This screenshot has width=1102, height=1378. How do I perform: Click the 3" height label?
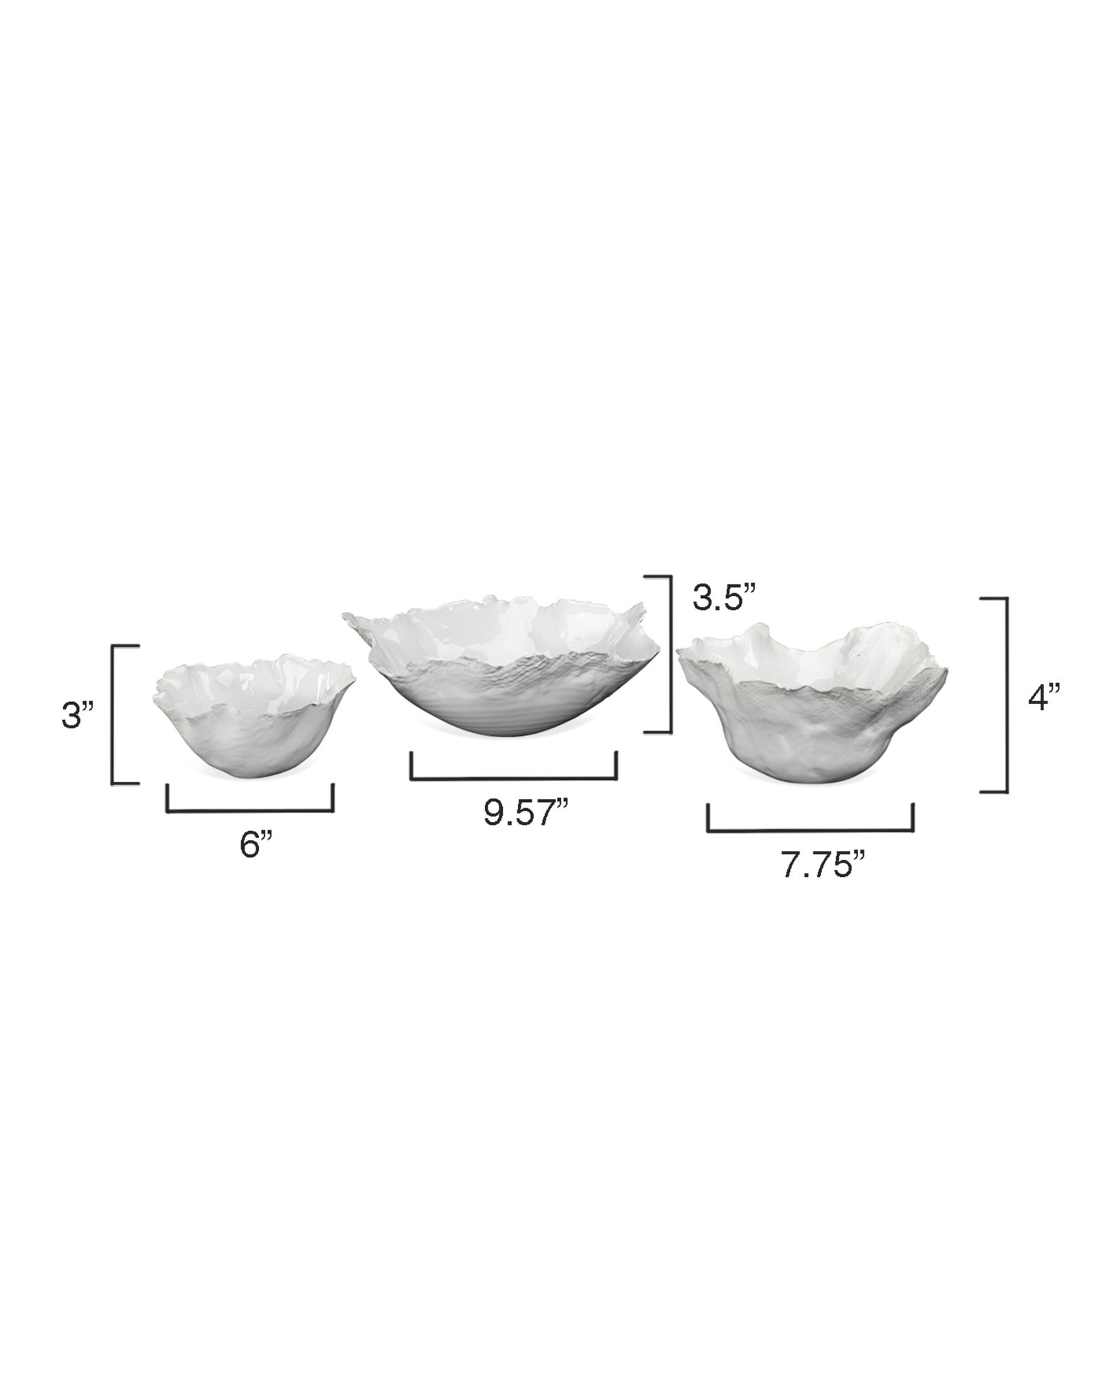coord(78,717)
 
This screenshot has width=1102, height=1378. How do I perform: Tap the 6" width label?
coord(256,845)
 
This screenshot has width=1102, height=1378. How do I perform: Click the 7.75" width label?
coord(822,865)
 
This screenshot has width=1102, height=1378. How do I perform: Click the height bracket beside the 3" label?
coord(113,714)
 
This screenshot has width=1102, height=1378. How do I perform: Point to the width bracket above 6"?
coord(250,811)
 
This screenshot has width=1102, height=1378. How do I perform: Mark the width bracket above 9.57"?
coord(513,779)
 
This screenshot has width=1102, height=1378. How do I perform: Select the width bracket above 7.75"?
coord(810,831)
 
